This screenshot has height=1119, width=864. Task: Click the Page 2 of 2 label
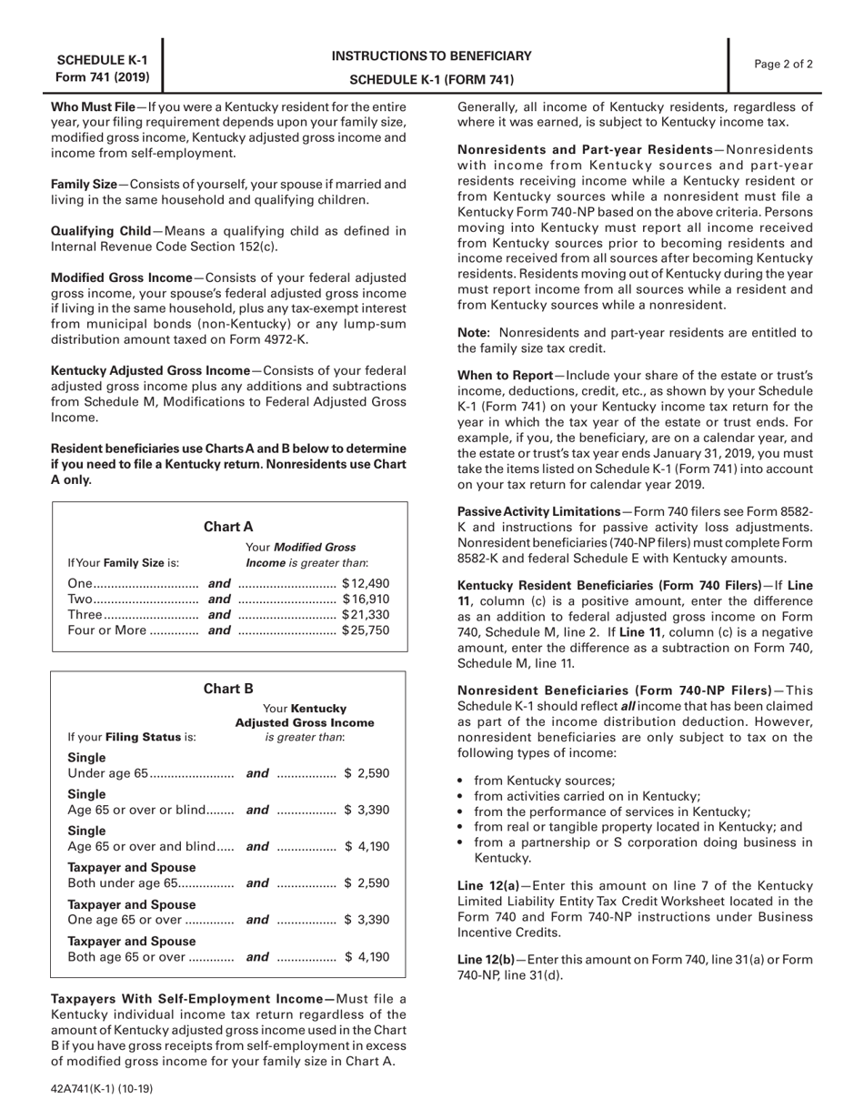(784, 64)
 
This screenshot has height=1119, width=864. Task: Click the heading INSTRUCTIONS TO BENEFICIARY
(432, 55)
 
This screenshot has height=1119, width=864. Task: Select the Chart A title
(228, 526)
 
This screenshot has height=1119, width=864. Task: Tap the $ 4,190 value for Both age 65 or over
(367, 956)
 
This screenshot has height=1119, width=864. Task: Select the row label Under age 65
(106, 773)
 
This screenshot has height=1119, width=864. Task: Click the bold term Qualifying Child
(100, 231)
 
